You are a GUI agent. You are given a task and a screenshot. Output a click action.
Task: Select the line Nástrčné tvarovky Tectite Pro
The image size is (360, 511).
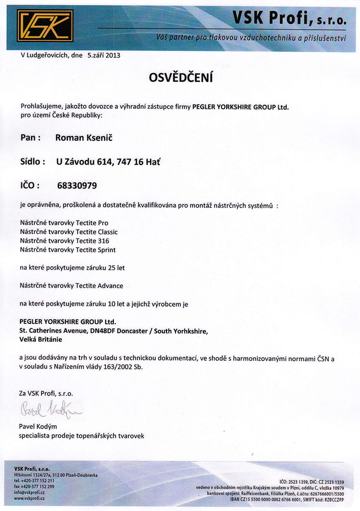(64, 223)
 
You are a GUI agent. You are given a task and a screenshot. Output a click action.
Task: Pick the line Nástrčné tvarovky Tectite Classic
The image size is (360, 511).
(68, 232)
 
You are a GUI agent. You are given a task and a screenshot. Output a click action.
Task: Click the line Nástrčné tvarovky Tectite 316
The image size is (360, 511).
(64, 241)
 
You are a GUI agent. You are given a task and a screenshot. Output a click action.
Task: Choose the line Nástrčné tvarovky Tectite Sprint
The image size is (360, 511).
(67, 250)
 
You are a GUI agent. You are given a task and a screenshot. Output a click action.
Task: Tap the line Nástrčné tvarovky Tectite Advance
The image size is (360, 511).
(71, 286)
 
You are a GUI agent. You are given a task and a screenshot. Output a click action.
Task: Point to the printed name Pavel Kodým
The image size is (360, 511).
(38, 427)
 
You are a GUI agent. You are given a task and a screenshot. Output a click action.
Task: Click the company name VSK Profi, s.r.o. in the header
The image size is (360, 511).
(289, 19)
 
